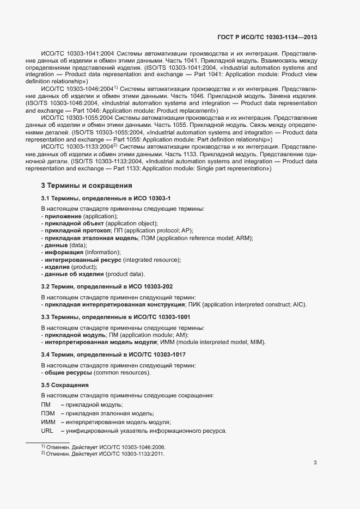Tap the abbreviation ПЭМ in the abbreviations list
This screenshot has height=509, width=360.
[47, 413]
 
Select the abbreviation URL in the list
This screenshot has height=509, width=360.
[47, 431]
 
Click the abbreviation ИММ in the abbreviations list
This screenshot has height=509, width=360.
[47, 422]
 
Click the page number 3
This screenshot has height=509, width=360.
[315, 463]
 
